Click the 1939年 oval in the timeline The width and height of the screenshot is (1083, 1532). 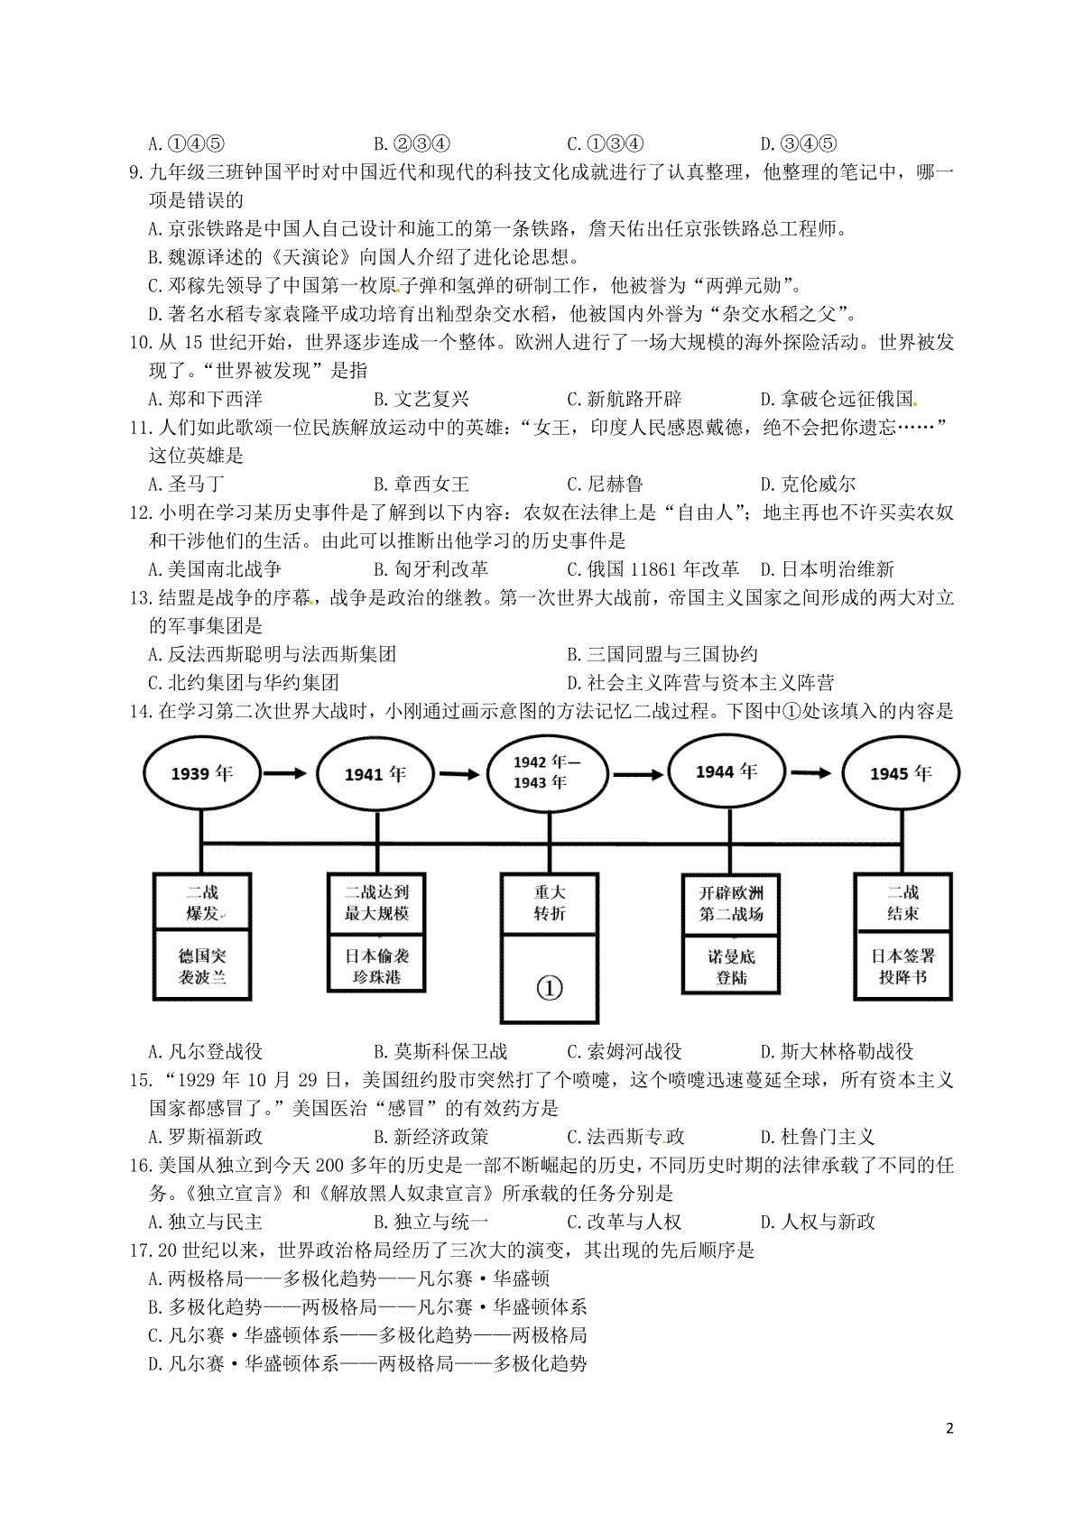(x=201, y=773)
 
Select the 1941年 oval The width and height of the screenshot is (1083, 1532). (x=375, y=774)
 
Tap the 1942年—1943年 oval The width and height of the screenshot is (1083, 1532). (x=547, y=772)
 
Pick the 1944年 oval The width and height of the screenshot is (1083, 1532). (x=727, y=771)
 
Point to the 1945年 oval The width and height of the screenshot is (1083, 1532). (x=901, y=774)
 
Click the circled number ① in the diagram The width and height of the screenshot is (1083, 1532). (x=550, y=988)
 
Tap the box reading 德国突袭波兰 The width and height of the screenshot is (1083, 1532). (x=202, y=966)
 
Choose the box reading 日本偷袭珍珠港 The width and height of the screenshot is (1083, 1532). (x=376, y=966)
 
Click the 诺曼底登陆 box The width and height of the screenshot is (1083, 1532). (x=731, y=966)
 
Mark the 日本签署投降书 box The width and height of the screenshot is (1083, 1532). (x=903, y=966)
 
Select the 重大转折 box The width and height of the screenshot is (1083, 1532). (x=550, y=902)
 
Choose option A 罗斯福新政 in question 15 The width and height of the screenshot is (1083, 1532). (x=205, y=1137)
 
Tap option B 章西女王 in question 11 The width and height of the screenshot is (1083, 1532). (x=421, y=485)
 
